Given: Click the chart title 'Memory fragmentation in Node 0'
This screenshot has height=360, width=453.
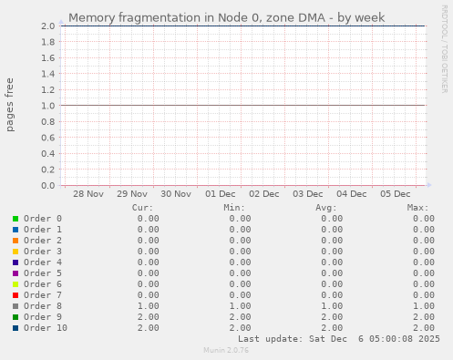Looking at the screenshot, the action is [226, 17].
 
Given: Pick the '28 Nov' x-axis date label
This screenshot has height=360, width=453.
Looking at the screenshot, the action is [88, 194].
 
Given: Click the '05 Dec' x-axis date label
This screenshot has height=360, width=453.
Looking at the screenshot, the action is [396, 194].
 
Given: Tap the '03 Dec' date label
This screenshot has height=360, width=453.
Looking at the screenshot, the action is [308, 194].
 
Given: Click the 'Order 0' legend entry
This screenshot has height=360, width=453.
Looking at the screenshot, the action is [43, 219].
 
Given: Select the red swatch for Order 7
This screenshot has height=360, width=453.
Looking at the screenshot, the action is [15, 295].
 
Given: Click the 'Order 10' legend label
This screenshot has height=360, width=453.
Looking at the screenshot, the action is [46, 328].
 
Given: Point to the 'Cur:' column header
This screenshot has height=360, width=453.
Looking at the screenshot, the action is [142, 208].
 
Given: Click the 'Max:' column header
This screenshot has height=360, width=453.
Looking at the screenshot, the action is [417, 208].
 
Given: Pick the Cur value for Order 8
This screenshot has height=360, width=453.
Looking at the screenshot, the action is [148, 306].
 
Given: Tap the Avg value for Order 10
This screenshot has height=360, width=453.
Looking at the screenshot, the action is [331, 328].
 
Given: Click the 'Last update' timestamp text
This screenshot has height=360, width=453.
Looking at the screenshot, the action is [350, 339].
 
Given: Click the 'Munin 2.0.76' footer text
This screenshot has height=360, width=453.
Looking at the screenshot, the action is [226, 350].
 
